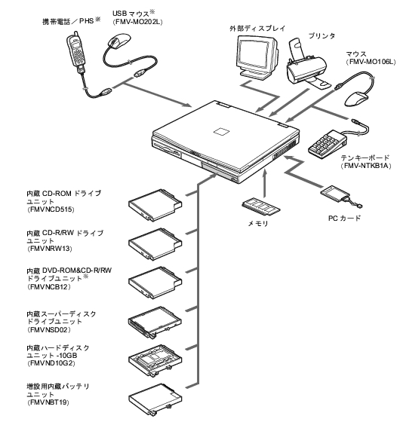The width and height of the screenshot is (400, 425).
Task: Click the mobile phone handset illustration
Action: pos(76,51)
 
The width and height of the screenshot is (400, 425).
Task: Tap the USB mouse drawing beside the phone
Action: pos(119,41)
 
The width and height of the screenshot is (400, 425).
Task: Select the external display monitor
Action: pos(257,57)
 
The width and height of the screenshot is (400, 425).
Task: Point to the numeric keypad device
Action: pos(328,144)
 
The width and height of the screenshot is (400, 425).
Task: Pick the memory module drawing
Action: pos(261,206)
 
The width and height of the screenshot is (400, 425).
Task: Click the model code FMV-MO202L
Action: pos(137,22)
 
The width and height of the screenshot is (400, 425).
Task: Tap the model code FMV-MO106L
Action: pos(371,62)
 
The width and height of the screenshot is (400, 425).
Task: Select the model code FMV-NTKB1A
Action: pos(366,166)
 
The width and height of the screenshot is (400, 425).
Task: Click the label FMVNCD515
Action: pos(51,209)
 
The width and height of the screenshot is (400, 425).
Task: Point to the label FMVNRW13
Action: pos(50,249)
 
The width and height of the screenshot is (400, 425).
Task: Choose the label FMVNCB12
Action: pos(49,287)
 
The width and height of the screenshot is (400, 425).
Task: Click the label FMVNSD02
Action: pos(49,330)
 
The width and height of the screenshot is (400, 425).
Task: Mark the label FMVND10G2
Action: pos(51,363)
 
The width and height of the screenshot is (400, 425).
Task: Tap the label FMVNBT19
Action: pos(48,402)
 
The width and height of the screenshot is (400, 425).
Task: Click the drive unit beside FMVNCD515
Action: pos(155,205)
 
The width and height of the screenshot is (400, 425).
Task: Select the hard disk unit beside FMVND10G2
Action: pos(155,361)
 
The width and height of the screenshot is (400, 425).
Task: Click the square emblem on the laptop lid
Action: pos(221,131)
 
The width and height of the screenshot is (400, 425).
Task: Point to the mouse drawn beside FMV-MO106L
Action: pos(357,99)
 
